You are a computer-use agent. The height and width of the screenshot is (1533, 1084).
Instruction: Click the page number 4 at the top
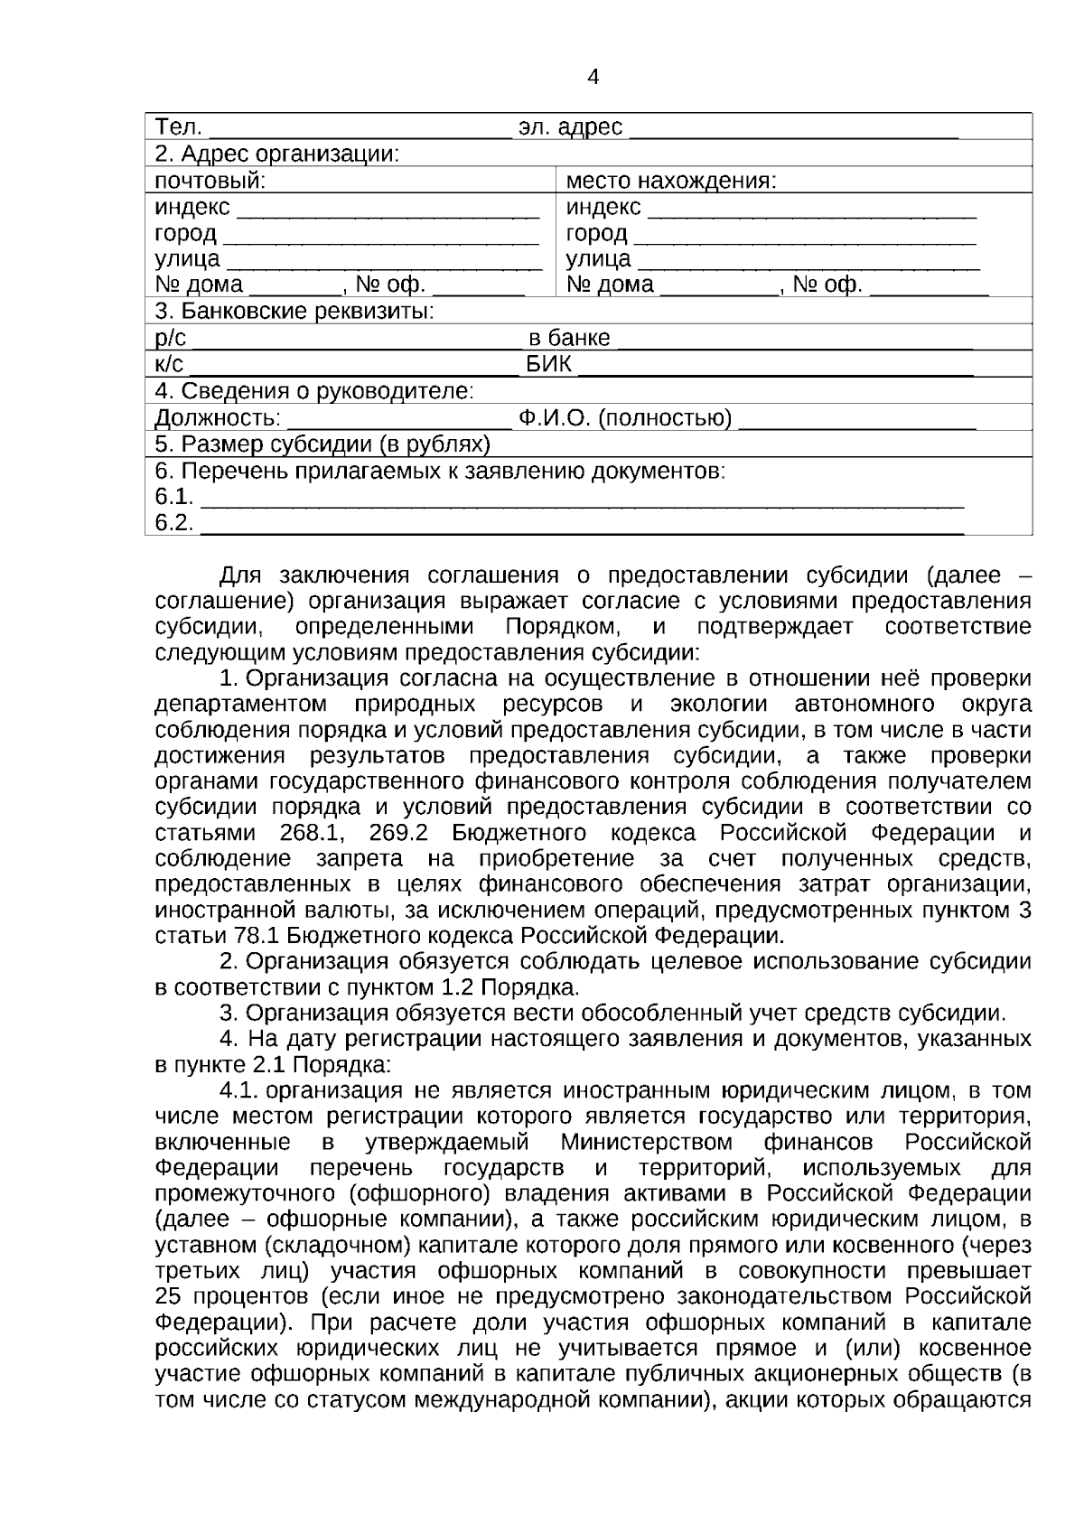593,78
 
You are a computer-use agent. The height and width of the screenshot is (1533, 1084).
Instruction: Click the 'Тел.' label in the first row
178,127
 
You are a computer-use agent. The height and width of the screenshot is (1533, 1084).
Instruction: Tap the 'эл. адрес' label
570,127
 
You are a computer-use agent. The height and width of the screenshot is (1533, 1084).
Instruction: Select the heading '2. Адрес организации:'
277,154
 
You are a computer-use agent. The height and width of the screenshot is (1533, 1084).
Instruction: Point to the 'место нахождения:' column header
671,181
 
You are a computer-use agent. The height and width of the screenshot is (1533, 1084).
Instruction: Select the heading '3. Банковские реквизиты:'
294,312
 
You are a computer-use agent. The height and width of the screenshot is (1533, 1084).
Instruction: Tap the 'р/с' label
171,339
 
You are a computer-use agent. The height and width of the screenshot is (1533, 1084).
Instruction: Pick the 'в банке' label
569,339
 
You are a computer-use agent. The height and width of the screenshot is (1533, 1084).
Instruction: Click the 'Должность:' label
218,418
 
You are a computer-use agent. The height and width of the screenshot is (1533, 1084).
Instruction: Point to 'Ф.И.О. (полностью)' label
625,418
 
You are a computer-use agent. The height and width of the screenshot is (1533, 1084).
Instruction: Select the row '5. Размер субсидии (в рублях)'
322,444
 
